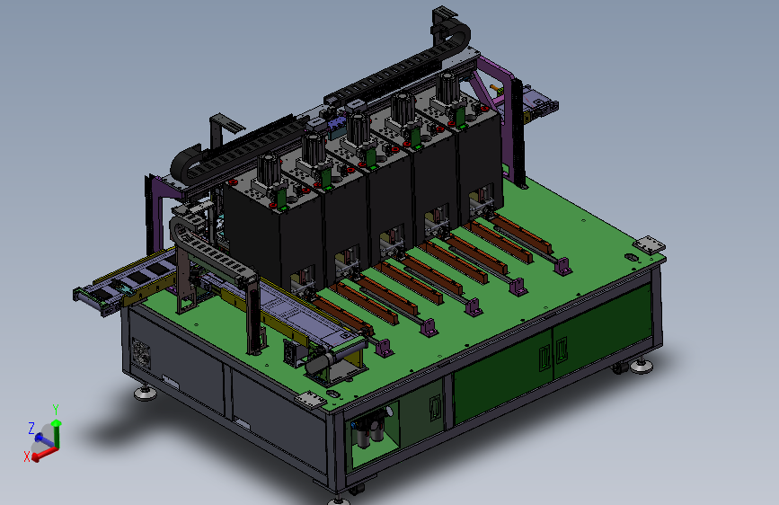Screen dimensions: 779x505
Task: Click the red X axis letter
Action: (27, 456)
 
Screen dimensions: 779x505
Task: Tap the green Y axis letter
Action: (56, 410)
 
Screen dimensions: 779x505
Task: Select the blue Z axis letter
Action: (31, 428)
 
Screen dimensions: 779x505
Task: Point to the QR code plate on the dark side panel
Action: (141, 352)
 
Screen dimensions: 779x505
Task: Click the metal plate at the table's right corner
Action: (649, 244)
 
